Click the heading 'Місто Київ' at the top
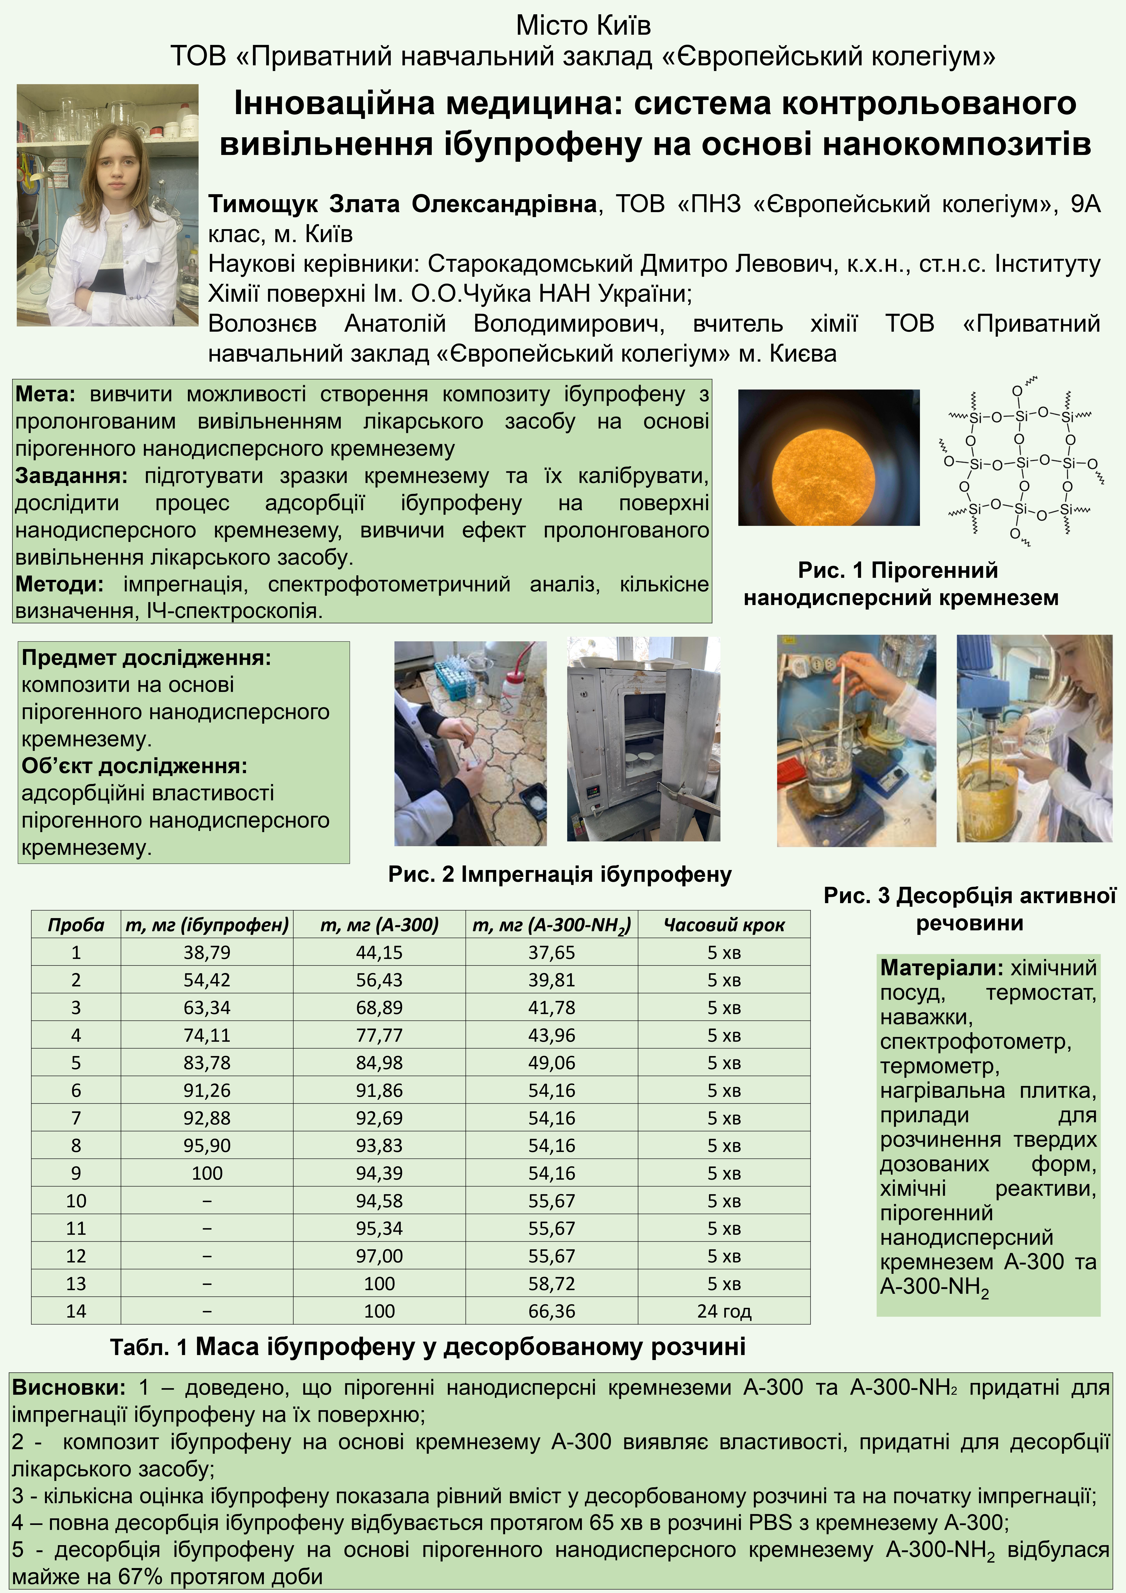pos(583,26)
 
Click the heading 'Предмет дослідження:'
pos(146,658)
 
